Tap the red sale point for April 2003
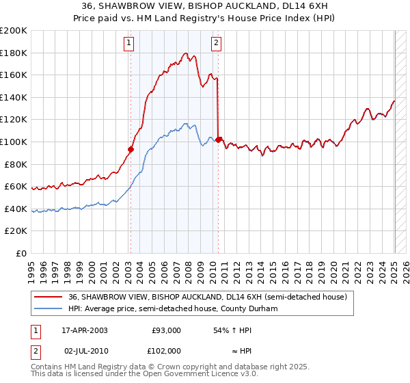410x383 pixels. point(131,148)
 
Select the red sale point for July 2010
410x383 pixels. point(218,140)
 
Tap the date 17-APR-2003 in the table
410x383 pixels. point(85,330)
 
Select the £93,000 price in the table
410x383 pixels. point(166,330)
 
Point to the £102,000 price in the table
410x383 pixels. point(166,350)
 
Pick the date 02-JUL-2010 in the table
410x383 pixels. point(85,350)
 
